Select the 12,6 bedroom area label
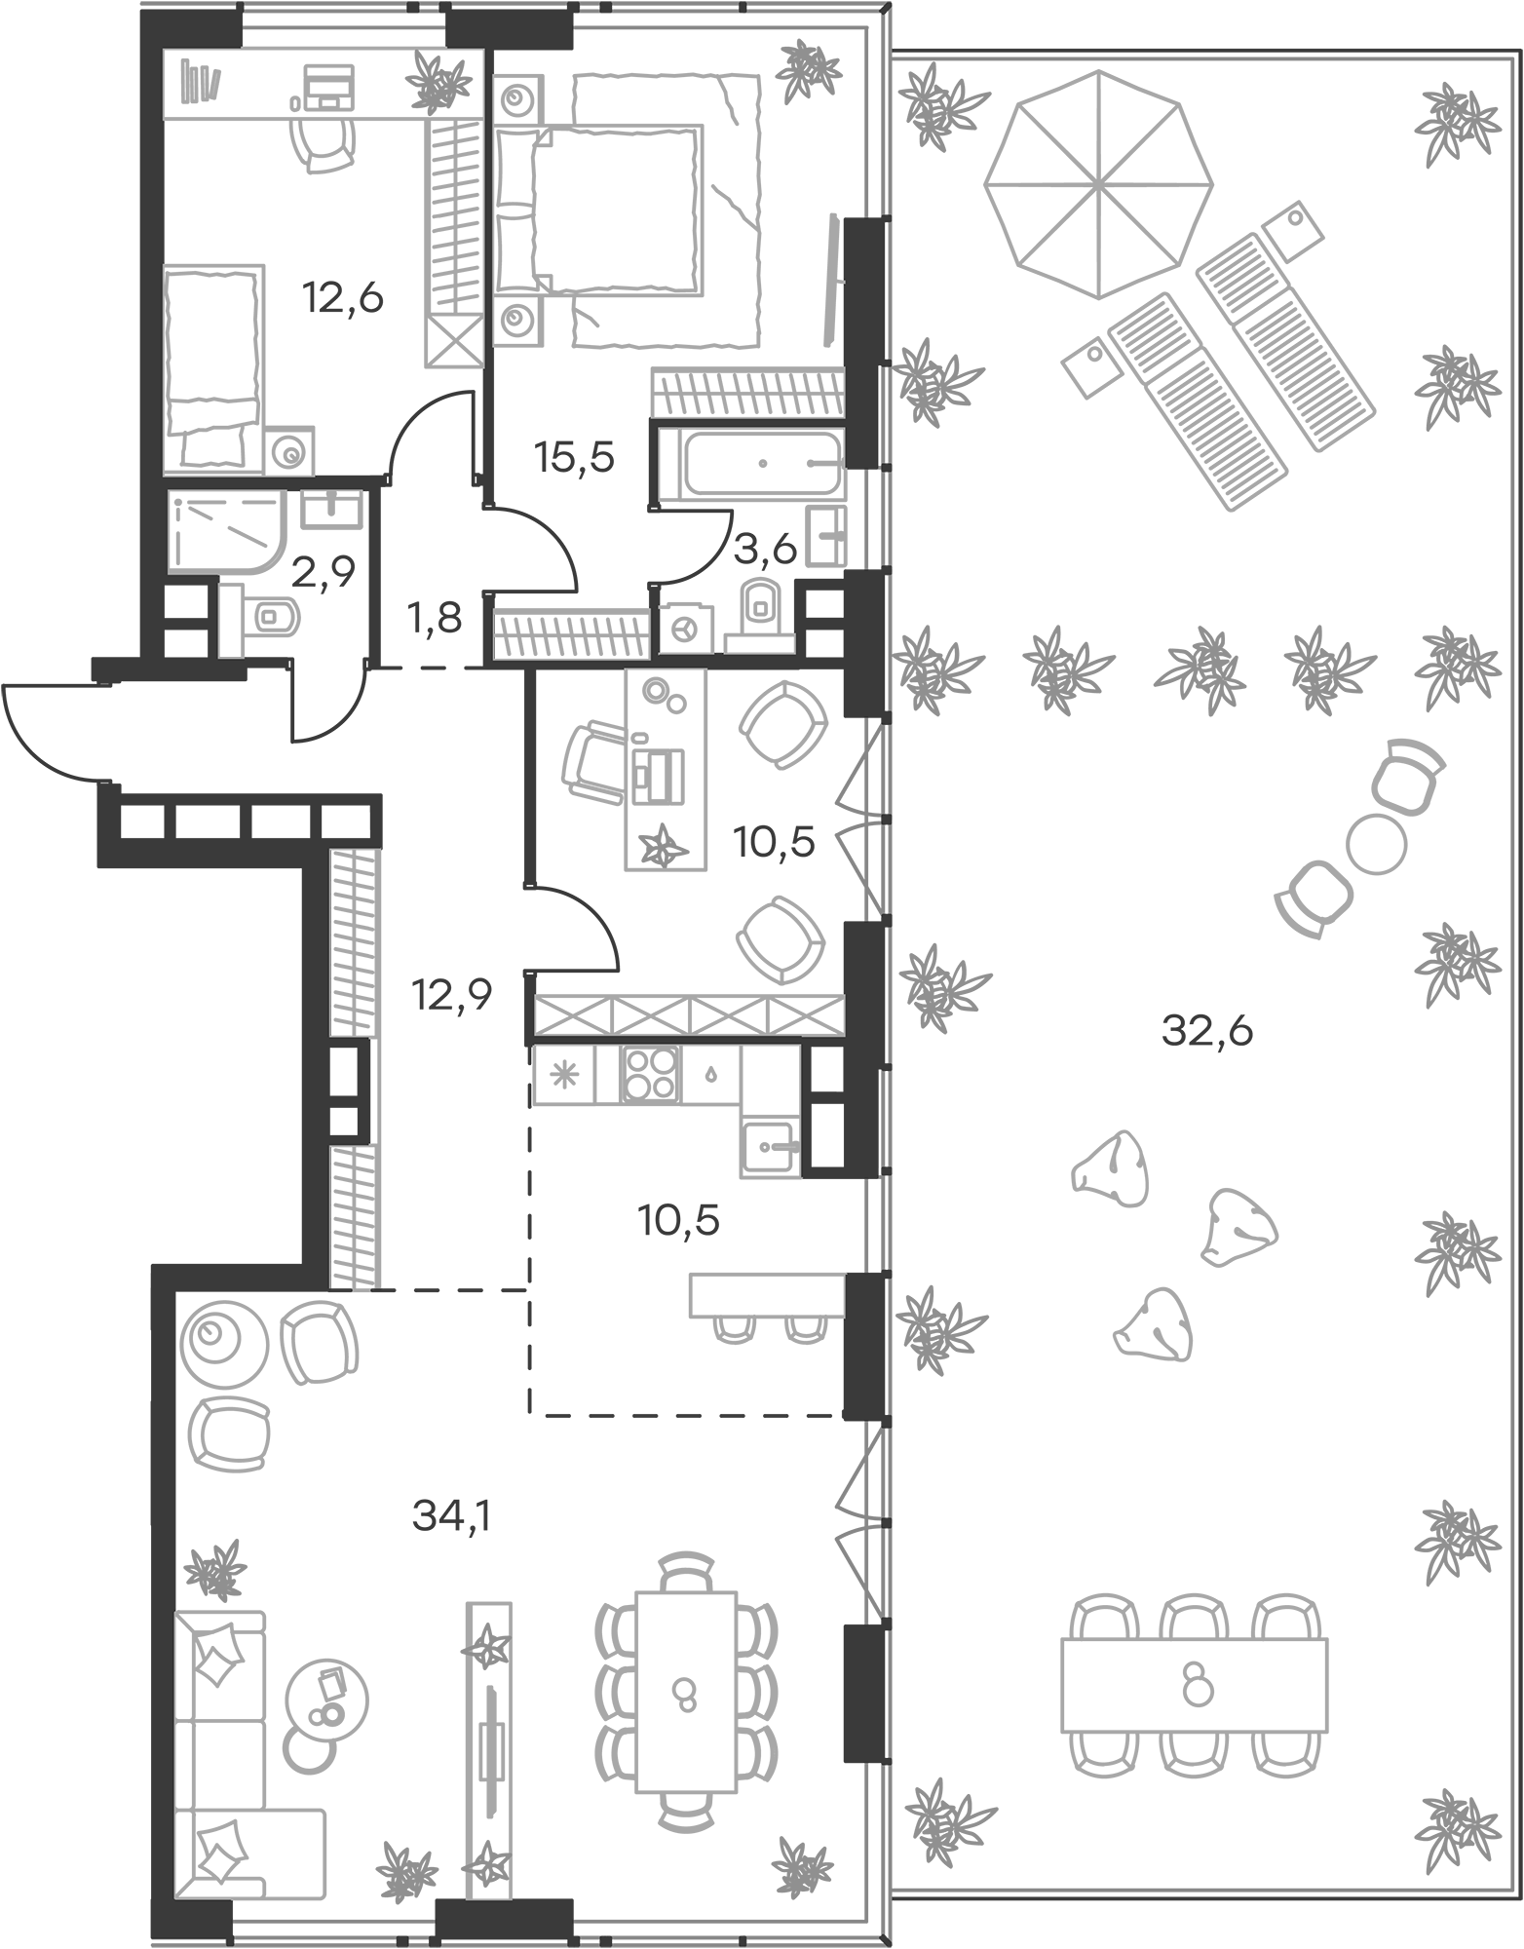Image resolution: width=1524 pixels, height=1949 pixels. (x=342, y=298)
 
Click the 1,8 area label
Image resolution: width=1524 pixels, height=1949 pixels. (x=435, y=618)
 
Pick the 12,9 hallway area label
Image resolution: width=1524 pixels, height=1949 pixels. (x=451, y=996)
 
